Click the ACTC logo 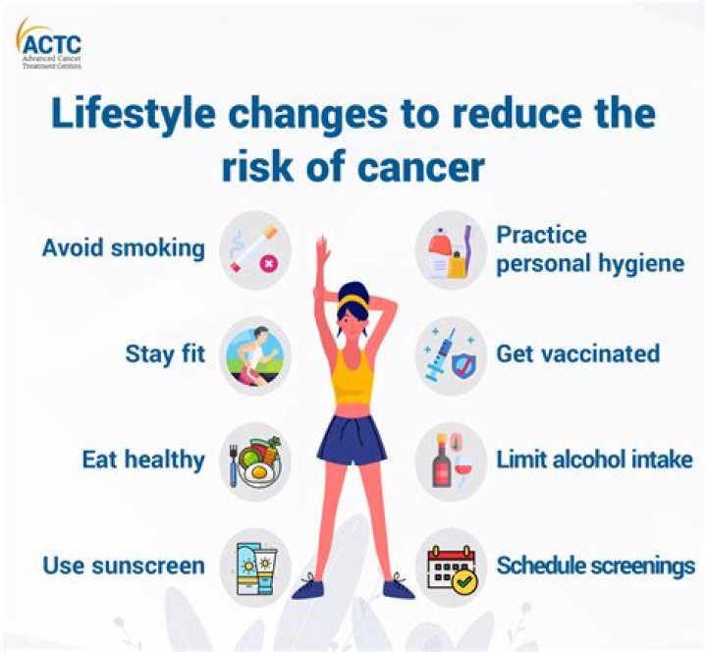pyautogui.click(x=48, y=44)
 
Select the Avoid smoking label pyautogui.click(x=123, y=248)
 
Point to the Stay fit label pyautogui.click(x=165, y=353)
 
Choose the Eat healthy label pyautogui.click(x=143, y=460)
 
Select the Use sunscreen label pyautogui.click(x=124, y=566)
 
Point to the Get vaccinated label pyautogui.click(x=577, y=353)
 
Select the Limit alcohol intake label pyautogui.click(x=594, y=460)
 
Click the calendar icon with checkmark pyautogui.click(x=451, y=568)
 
